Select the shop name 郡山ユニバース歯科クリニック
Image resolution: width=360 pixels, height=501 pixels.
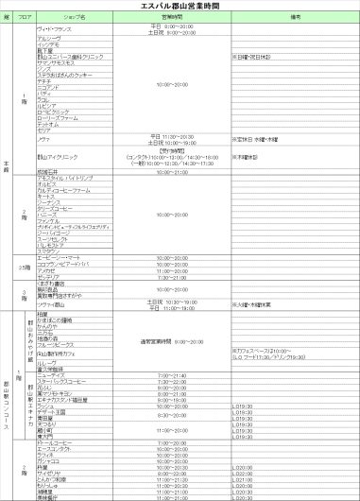tap(68, 57)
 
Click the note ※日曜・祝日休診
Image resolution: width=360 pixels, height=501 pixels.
tap(250, 57)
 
